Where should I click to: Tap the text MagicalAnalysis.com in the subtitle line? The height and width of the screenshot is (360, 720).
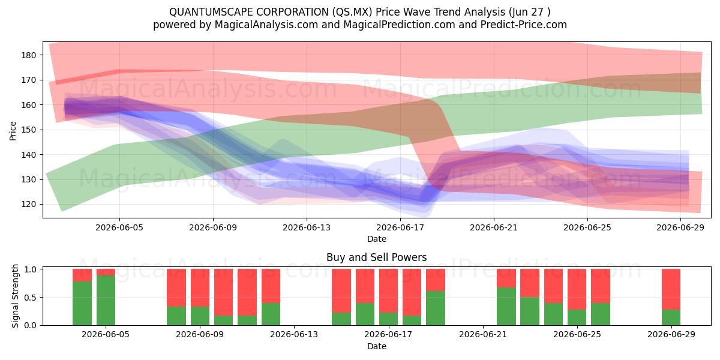tap(266, 25)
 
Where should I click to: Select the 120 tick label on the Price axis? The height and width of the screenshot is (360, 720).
tap(29, 205)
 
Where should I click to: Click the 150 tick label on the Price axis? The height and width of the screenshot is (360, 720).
tap(29, 130)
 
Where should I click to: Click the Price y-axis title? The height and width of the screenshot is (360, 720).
tap(13, 131)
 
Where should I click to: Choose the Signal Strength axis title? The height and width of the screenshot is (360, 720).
tap(15, 296)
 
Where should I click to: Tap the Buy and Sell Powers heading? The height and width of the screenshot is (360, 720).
tap(377, 257)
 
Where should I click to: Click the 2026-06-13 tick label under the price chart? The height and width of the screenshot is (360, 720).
tap(307, 227)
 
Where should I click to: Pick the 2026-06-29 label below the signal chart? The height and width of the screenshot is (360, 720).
tap(671, 334)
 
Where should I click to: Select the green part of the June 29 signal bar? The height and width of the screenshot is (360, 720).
tap(671, 317)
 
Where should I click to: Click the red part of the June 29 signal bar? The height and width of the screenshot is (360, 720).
tap(671, 289)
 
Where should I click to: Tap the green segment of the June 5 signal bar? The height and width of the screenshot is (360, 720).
tap(106, 301)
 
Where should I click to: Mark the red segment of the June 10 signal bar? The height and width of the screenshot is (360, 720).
tap(223, 292)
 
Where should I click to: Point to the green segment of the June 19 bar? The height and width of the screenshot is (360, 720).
tap(436, 308)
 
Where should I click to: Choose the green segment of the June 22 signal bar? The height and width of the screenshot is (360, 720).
tap(506, 307)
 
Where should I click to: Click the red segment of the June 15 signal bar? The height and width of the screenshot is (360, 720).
tap(341, 291)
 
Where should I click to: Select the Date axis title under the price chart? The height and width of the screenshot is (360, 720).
tap(377, 239)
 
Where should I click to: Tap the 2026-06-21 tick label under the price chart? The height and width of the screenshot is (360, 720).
tap(494, 227)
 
